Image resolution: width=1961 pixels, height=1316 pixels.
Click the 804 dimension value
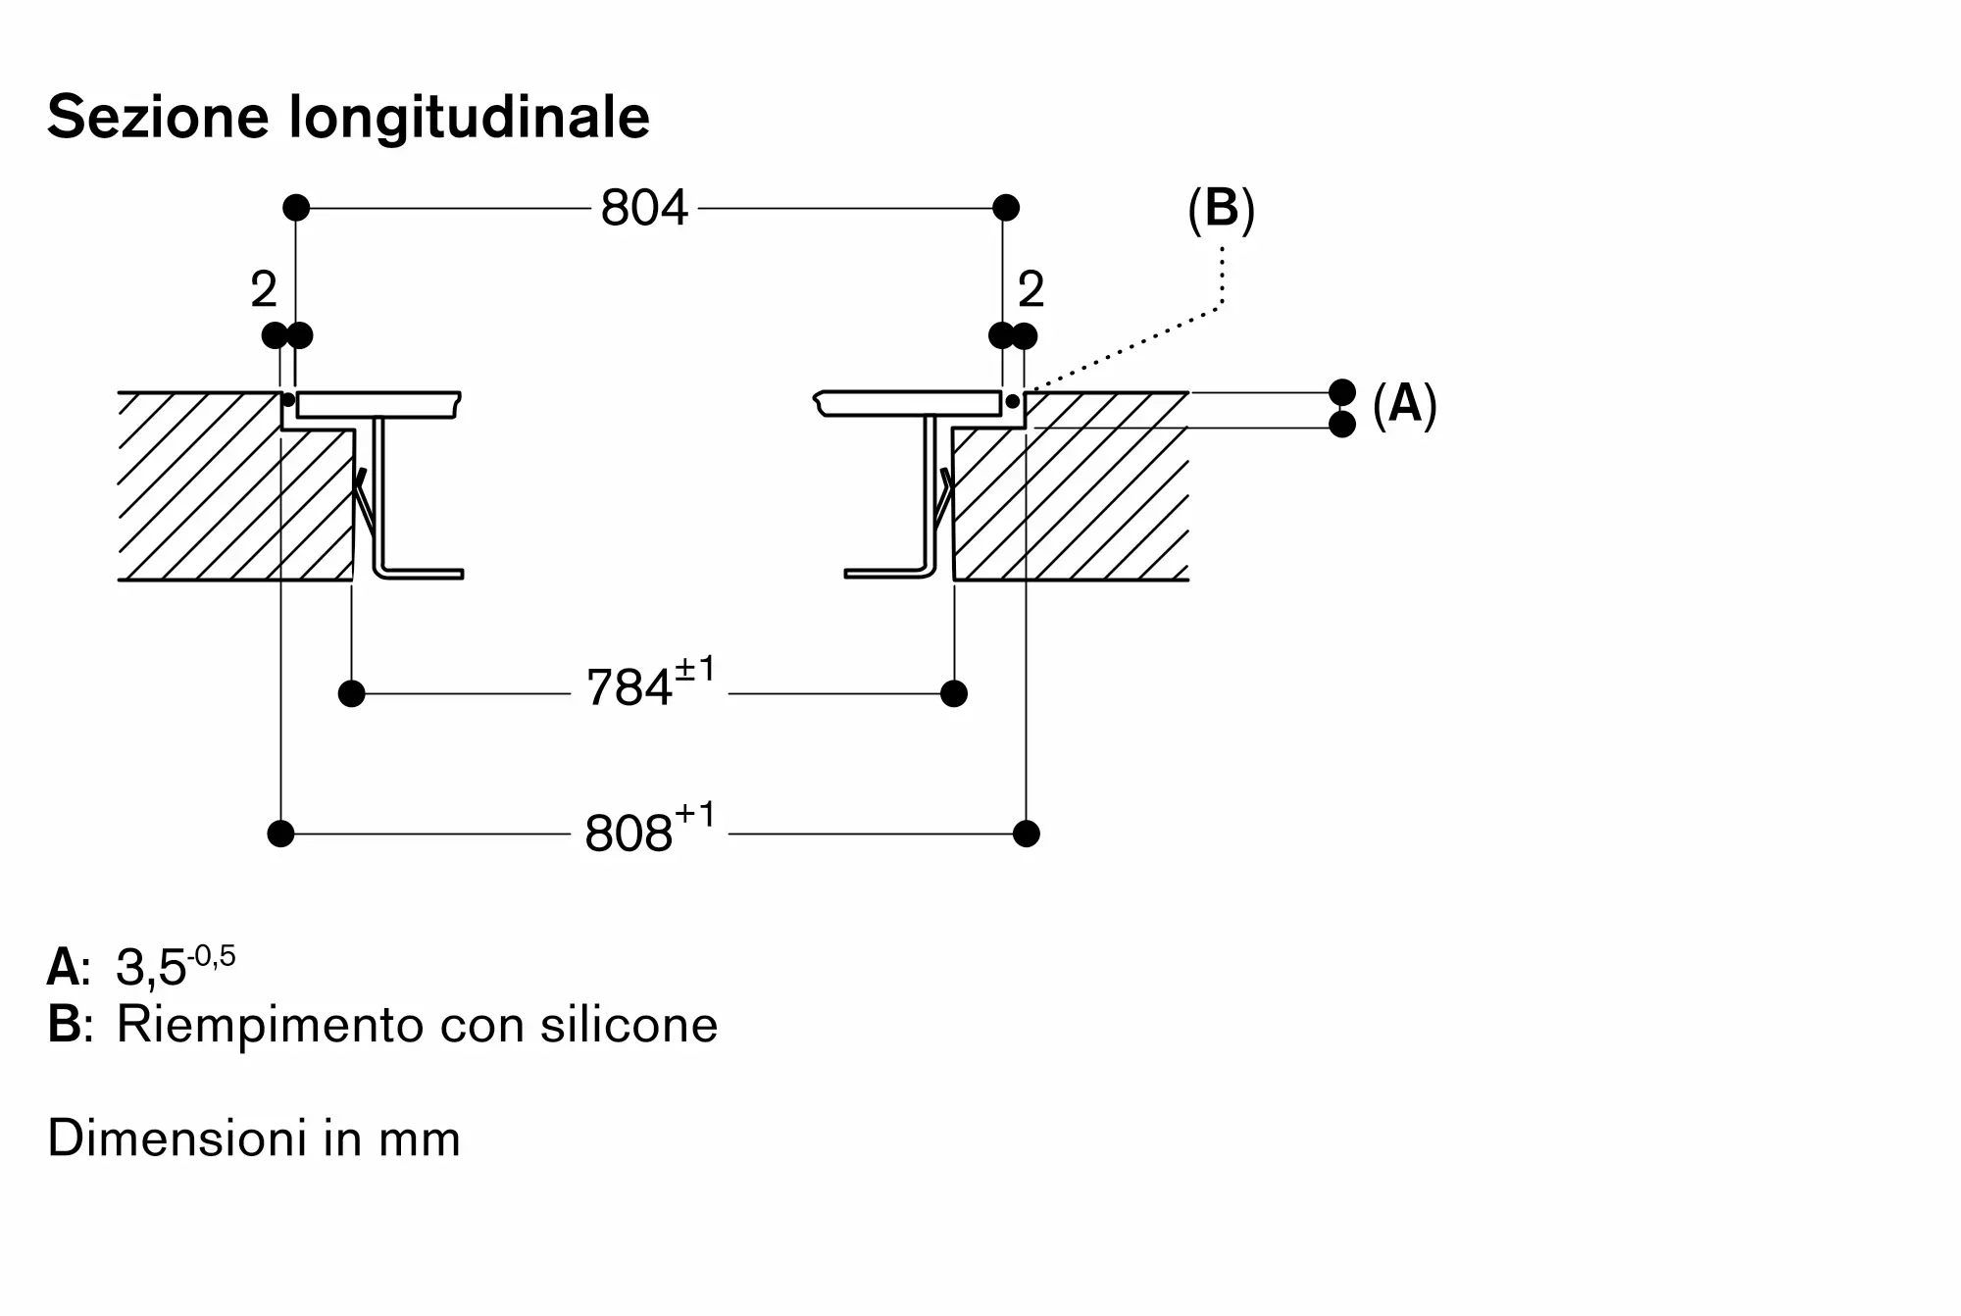coord(644,208)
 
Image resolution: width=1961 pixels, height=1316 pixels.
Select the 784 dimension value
coord(629,687)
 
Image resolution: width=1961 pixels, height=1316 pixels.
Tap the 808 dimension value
coord(629,834)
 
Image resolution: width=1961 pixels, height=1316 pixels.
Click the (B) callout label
coord(1221,209)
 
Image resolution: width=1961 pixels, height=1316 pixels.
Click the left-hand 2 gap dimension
coord(264,289)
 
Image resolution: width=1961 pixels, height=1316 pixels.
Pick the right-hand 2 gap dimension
coord(1031,289)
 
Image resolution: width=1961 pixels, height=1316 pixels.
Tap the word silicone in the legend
coord(629,1025)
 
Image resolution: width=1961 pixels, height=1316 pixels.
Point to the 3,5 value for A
coord(151,969)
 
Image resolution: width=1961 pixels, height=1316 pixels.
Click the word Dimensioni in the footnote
coord(165,1139)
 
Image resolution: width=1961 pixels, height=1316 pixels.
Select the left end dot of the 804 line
coord(296,208)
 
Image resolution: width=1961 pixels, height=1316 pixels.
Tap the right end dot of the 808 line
coord(1027,834)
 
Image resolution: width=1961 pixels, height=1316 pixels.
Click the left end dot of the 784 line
coord(351,694)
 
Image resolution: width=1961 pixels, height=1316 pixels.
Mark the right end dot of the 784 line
coord(954,694)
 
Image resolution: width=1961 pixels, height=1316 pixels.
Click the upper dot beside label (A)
coord(1342,392)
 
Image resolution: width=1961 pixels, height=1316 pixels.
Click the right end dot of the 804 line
coord(1006,208)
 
